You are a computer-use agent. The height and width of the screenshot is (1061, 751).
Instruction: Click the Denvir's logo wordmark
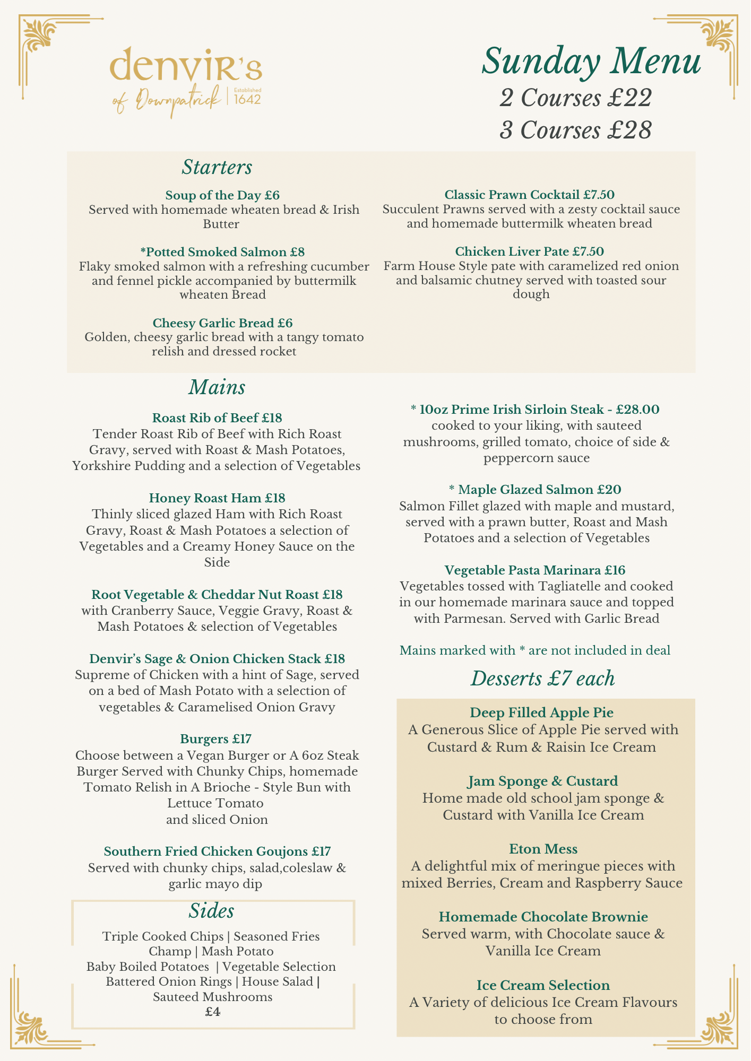(x=185, y=65)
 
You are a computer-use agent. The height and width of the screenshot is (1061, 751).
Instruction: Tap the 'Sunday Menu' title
(x=591, y=60)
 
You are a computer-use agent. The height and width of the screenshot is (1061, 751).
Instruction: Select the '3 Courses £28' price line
(x=575, y=130)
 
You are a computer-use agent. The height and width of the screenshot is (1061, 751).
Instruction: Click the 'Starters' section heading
(x=217, y=167)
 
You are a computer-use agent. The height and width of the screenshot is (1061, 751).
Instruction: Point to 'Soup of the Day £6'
(x=222, y=195)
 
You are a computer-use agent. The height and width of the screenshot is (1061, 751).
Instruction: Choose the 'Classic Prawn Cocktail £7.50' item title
(x=529, y=195)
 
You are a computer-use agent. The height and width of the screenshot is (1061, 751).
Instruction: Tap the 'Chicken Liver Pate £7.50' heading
(x=529, y=251)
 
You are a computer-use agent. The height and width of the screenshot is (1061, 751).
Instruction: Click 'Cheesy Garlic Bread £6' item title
(x=222, y=323)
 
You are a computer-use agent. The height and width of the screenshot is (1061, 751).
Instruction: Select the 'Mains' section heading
(x=217, y=387)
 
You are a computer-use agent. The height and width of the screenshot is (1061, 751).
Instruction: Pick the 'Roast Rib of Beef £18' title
(x=217, y=418)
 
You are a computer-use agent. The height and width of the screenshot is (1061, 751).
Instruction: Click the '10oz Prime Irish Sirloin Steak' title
(x=535, y=410)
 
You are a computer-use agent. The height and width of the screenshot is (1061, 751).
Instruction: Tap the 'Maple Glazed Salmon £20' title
(x=535, y=490)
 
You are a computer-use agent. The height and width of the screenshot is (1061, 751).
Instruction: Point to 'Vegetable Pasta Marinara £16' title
(x=535, y=570)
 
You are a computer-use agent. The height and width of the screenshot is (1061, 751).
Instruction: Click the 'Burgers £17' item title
(x=215, y=739)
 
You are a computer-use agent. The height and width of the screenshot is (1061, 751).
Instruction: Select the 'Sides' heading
(x=211, y=911)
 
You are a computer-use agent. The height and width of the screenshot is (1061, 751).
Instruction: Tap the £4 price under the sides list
(x=213, y=1012)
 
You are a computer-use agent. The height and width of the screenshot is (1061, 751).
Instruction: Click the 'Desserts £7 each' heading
(x=542, y=679)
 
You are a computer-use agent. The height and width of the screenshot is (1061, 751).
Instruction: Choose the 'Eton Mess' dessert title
(x=543, y=849)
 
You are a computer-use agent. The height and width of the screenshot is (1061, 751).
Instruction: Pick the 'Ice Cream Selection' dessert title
(x=543, y=985)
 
